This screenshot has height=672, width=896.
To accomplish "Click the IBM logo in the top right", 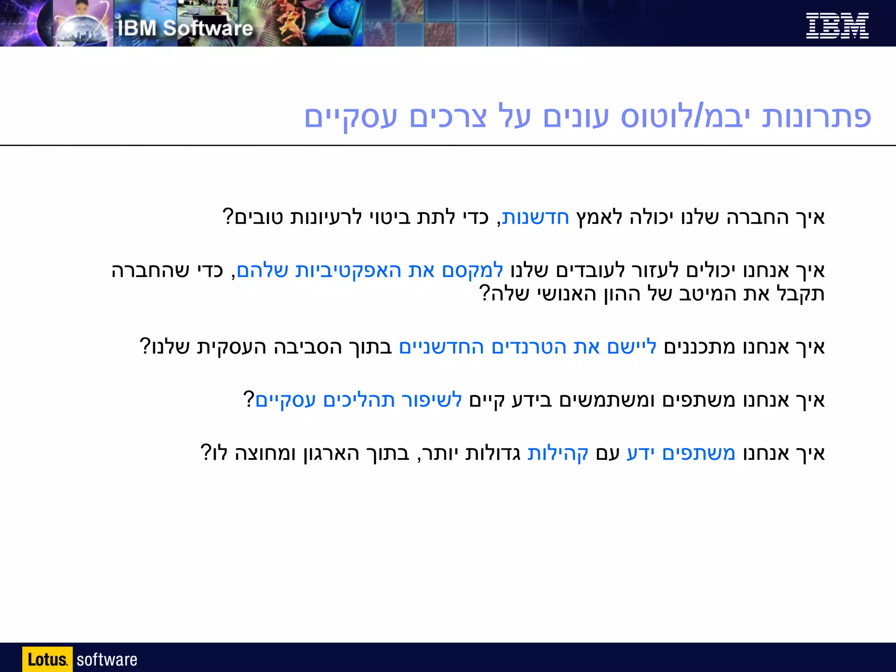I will coord(837,26).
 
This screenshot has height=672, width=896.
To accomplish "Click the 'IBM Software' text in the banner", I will coord(185,28).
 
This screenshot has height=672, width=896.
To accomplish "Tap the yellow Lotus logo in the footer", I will coord(47,659).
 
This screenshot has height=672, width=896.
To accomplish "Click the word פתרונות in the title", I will coord(816,117).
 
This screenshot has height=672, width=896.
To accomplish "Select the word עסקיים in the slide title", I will coord(350,117).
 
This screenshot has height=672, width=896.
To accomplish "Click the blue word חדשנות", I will coord(535,217).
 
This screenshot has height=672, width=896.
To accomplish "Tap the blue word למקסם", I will coord(472,270).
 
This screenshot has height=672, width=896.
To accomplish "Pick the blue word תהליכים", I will coord(359,400).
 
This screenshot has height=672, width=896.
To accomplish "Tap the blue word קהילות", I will coord(558,453).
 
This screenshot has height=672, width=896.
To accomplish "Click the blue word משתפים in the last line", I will coord(699,453).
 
